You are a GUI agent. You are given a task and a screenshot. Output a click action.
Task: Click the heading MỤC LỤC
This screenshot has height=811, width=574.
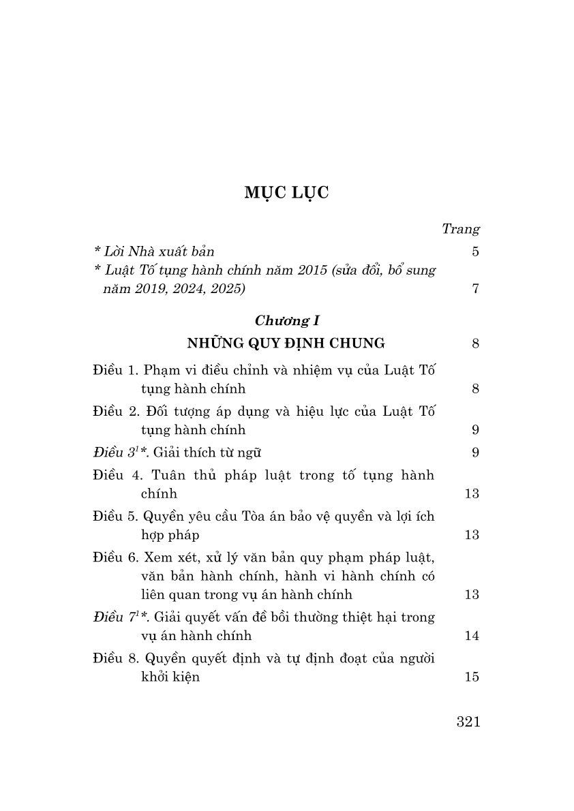[x=286, y=193]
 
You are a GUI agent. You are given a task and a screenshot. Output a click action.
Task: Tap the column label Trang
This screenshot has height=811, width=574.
[x=461, y=229]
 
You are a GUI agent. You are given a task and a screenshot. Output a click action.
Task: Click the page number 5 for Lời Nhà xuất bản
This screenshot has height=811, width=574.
[x=475, y=251]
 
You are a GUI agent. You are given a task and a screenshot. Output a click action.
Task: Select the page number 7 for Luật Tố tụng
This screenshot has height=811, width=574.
[x=475, y=288]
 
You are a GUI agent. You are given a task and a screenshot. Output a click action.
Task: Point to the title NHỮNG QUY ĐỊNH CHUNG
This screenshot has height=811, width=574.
[x=286, y=343]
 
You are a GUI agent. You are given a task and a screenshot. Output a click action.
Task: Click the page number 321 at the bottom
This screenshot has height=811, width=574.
[x=468, y=722]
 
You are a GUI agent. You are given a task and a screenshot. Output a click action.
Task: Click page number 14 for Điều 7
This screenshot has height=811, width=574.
[x=472, y=636]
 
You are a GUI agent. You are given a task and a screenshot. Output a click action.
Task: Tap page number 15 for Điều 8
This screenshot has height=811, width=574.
[x=472, y=677]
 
